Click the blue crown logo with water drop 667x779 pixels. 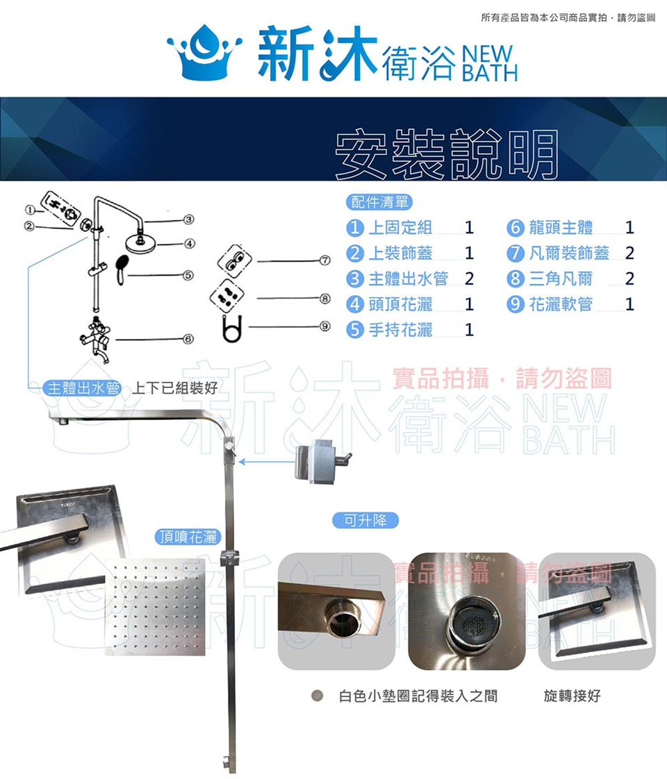(x=204, y=52)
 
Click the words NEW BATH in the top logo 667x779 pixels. (x=490, y=64)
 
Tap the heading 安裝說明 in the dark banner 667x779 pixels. (x=447, y=155)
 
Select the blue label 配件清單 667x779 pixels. (x=379, y=202)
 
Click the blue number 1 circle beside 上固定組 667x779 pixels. (x=354, y=228)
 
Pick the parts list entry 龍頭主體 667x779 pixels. (x=561, y=228)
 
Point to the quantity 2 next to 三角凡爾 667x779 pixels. (x=629, y=278)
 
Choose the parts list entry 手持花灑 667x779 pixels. (x=401, y=329)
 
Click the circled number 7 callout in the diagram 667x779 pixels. (x=325, y=260)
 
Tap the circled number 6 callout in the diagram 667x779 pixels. (x=188, y=340)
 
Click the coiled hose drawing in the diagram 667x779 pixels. (x=232, y=328)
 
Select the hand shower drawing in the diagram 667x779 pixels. (x=122, y=269)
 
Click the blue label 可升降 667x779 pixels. (x=365, y=520)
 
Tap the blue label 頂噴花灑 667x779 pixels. (x=188, y=537)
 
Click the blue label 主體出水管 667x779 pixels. (x=83, y=387)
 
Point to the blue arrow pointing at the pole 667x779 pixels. (x=267, y=462)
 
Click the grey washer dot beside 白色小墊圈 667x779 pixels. (x=317, y=696)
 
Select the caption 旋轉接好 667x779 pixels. (x=572, y=696)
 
